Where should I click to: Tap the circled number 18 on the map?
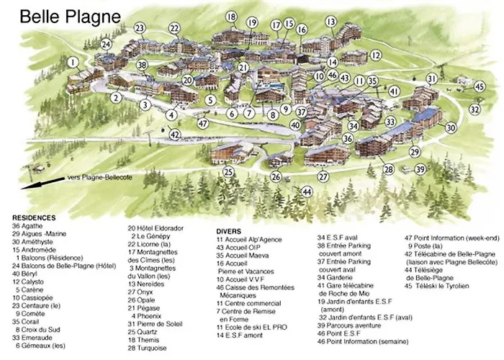pyautogui.click(x=230, y=17)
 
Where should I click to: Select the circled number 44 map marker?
pyautogui.click(x=307, y=192)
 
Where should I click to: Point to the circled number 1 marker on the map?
pyautogui.click(x=73, y=63)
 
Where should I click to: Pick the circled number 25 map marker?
pyautogui.click(x=228, y=172)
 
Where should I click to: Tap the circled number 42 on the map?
pyautogui.click(x=175, y=134)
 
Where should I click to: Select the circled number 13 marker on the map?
pyautogui.click(x=330, y=22)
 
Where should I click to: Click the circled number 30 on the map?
pyautogui.click(x=451, y=127)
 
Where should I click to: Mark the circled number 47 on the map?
pyautogui.click(x=204, y=123)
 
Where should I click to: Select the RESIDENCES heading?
pyautogui.click(x=34, y=217)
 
